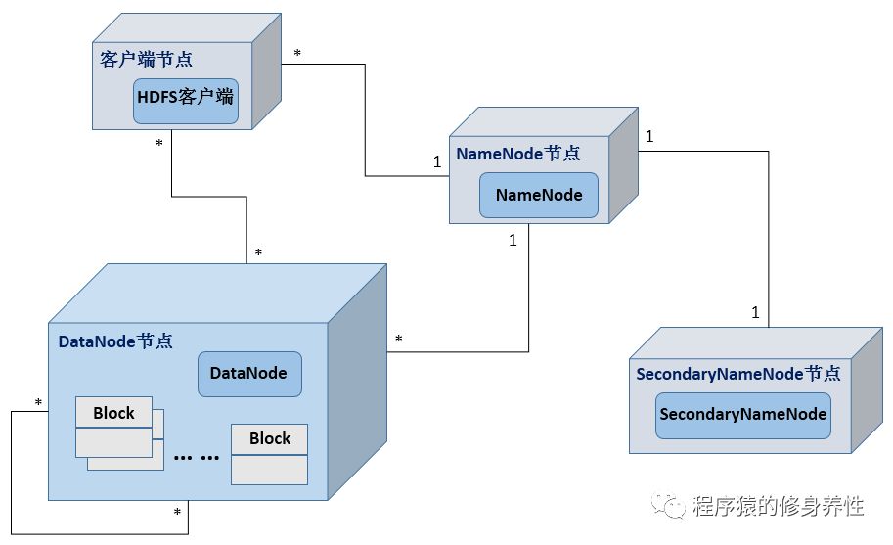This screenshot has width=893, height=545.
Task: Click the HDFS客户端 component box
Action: coord(186,102)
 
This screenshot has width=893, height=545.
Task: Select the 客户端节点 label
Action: coord(147,60)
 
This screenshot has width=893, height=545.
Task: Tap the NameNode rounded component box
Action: coord(539,196)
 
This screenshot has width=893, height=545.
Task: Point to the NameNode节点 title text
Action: coord(518,154)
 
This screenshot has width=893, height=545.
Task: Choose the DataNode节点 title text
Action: coord(115,341)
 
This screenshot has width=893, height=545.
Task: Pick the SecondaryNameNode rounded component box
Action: coord(743,416)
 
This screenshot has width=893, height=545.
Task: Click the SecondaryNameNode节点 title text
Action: coord(738,374)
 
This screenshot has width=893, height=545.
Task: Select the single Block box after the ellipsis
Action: coord(269,454)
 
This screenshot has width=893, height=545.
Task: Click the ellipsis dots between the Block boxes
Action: coord(197,457)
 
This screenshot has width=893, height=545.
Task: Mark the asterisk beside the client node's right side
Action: coord(297,54)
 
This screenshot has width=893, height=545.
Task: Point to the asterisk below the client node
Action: coord(159,144)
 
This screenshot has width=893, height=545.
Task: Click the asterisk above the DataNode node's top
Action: coord(258,252)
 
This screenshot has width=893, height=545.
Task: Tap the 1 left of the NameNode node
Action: coord(437,162)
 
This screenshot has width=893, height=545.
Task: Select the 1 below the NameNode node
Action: coord(513,241)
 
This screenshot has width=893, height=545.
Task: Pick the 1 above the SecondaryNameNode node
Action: coord(755,313)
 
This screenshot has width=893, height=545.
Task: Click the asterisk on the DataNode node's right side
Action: coord(399,340)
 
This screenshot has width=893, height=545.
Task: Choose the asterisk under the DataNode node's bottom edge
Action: coord(177,513)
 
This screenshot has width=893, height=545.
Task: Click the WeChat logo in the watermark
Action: coord(667,506)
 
